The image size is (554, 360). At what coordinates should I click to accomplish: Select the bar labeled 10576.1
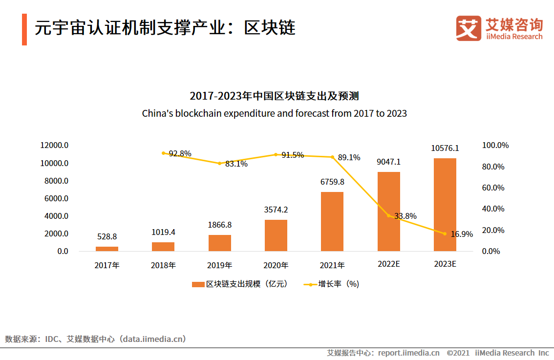coord(445,205)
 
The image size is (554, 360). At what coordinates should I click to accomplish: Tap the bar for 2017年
coord(107,249)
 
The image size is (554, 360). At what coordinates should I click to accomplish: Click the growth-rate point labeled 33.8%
coord(389,215)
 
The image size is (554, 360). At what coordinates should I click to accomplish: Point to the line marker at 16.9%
coord(445,233)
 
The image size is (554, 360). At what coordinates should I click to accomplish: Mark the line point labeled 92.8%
coord(163,153)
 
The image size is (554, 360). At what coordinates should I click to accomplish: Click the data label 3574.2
coord(276,210)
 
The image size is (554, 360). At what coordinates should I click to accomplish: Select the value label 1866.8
coord(219,225)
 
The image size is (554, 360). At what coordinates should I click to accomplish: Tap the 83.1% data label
coord(236,164)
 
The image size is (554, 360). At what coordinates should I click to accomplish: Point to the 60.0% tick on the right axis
coord(493,188)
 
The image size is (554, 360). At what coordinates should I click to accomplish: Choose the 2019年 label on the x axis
coord(219,265)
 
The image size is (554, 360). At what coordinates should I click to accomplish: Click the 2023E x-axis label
coord(445,264)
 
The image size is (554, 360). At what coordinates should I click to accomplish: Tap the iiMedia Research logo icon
coord(469,28)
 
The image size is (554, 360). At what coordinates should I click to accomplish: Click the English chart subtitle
coord(274,113)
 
